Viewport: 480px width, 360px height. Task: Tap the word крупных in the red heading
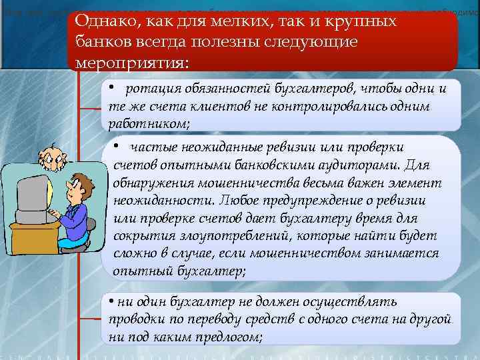[x=366, y=21]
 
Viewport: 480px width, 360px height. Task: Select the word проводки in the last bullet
[x=131, y=321]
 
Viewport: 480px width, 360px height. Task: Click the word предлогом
[x=230, y=337]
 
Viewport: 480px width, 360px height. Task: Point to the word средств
[x=272, y=321]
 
